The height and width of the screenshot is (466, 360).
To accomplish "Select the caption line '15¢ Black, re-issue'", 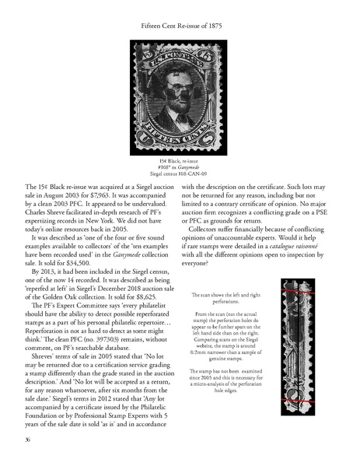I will (180, 157).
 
